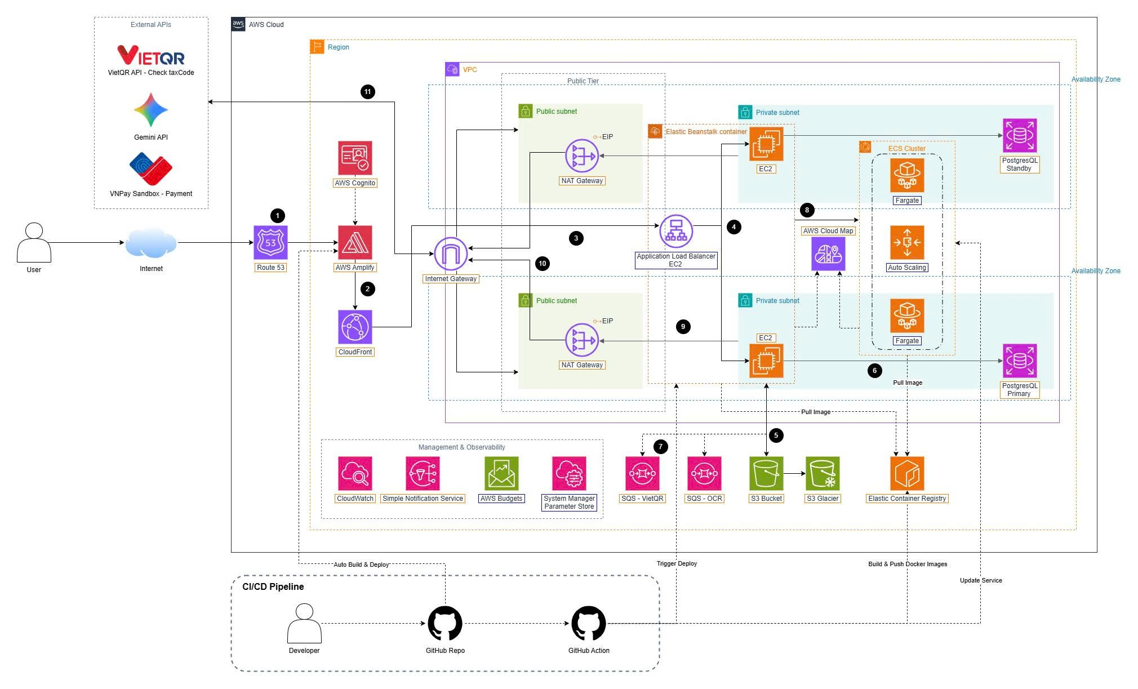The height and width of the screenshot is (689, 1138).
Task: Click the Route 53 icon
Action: (270, 243)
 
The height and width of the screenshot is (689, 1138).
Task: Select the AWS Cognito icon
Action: (355, 158)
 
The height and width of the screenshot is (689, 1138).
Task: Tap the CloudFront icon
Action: (355, 327)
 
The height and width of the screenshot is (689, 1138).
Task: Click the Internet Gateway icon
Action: (451, 254)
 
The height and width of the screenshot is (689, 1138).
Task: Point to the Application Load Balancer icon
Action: (676, 232)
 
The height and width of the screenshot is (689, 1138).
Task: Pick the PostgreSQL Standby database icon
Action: (1020, 136)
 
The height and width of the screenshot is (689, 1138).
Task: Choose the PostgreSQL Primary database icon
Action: (1020, 361)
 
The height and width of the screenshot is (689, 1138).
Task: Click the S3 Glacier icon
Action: (823, 474)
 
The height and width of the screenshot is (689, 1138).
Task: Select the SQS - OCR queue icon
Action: (704, 474)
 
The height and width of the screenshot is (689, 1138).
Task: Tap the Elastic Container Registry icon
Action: (907, 474)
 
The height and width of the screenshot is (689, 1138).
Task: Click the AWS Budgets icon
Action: (501, 474)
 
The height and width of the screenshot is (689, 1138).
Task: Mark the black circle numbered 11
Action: (368, 92)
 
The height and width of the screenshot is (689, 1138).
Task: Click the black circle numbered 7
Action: (661, 447)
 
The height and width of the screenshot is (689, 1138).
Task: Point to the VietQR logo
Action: (151, 55)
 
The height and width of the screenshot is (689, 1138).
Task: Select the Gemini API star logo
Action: (151, 110)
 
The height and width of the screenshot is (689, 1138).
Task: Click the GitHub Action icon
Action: (589, 624)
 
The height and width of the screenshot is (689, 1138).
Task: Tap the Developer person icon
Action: (304, 623)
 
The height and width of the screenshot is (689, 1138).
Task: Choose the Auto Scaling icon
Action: (907, 243)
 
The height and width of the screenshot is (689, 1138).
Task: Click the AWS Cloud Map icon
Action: (828, 254)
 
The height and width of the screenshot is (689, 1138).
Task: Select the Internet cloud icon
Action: (151, 243)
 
